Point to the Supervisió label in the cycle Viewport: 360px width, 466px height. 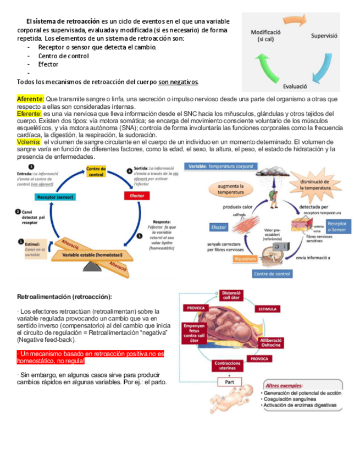point(324,36)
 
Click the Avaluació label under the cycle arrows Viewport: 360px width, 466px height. point(295,86)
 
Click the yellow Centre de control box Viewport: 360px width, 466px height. point(96,171)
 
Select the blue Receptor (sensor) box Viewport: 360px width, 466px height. point(56,196)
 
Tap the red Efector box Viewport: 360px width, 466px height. point(136,196)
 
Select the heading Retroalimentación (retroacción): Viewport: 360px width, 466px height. point(64,297)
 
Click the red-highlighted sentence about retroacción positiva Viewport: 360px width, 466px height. point(91,358)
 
